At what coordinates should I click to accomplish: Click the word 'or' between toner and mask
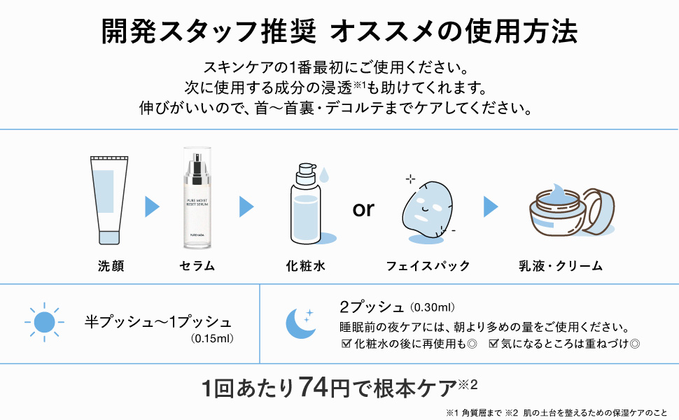[363, 209]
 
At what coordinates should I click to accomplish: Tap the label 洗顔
[111, 266]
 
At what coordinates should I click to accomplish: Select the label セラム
[197, 266]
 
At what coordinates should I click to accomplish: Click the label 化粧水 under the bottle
[306, 266]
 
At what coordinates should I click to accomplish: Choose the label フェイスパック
[428, 266]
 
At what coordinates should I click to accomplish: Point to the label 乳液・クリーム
[560, 266]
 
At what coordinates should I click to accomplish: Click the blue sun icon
[44, 322]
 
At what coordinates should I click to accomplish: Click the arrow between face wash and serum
[153, 206]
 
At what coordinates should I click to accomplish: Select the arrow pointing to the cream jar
[491, 206]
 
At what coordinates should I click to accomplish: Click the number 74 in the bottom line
[314, 386]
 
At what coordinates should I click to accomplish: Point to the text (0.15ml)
[211, 339]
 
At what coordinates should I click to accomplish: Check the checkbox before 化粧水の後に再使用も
[345, 344]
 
